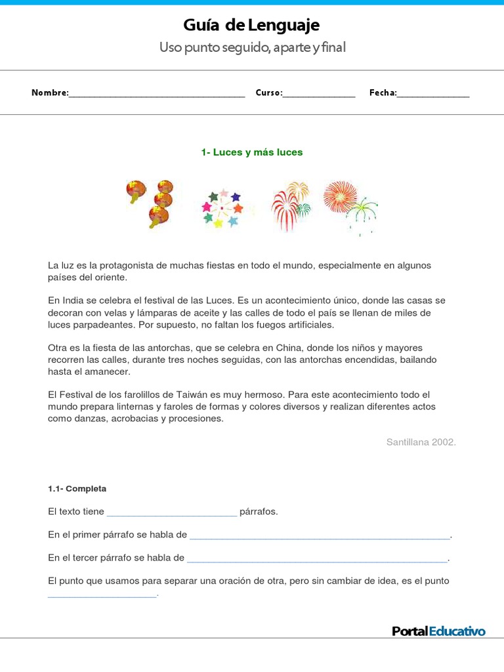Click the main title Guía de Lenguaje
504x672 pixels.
pyautogui.click(x=251, y=26)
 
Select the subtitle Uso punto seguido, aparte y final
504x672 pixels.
pyautogui.click(x=251, y=48)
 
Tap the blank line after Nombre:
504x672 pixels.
pyautogui.click(x=157, y=94)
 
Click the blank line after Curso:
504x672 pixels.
pyautogui.click(x=319, y=94)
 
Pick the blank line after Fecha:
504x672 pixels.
pyautogui.click(x=434, y=94)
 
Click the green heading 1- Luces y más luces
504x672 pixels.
pyautogui.click(x=251, y=152)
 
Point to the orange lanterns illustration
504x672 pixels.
pyautogui.click(x=150, y=203)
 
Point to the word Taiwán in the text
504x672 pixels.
pyautogui.click(x=194, y=395)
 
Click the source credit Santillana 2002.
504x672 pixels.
pyautogui.click(x=421, y=442)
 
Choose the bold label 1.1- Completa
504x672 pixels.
pyautogui.click(x=77, y=489)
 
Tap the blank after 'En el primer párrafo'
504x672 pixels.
pyautogui.click(x=320, y=536)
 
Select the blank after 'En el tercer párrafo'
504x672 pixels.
pyautogui.click(x=317, y=560)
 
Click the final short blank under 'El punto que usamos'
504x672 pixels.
pyautogui.click(x=102, y=595)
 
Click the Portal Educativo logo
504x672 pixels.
pyautogui.click(x=438, y=631)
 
